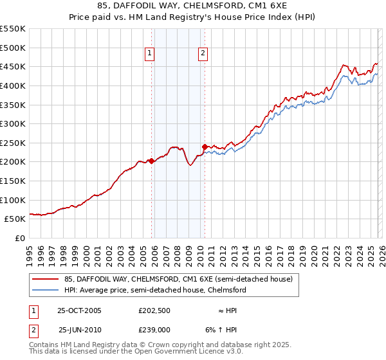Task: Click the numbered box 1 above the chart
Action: tap(149, 54)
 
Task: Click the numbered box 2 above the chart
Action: tap(203, 54)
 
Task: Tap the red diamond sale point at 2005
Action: tap(152, 161)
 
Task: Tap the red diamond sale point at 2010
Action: tap(205, 147)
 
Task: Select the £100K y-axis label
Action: tap(14, 200)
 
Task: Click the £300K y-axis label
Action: tap(14, 123)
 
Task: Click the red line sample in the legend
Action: tap(46, 279)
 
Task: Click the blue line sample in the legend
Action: tap(46, 290)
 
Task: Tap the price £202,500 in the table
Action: tap(154, 310)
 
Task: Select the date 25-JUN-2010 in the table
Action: tap(80, 329)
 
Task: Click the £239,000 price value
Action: tap(154, 329)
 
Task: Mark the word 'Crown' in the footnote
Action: tap(160, 345)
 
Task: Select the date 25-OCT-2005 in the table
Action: tap(80, 310)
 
